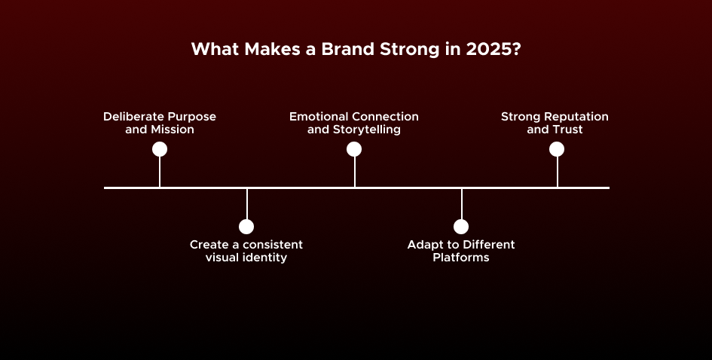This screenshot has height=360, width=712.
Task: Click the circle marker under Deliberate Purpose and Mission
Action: click(x=160, y=149)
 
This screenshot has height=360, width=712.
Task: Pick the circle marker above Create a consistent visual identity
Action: click(x=246, y=227)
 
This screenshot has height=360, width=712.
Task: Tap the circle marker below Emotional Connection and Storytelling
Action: click(x=354, y=149)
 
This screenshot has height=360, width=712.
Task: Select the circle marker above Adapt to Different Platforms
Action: click(x=461, y=227)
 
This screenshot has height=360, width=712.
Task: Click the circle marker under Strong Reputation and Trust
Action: click(x=557, y=149)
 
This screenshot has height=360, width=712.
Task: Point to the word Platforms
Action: click(x=461, y=258)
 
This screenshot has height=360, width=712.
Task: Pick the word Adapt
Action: click(x=423, y=246)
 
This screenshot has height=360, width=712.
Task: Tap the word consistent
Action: click(x=270, y=245)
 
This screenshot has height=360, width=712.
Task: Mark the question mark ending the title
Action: click(x=516, y=50)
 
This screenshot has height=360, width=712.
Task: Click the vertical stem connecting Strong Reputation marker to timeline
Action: click(x=557, y=172)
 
